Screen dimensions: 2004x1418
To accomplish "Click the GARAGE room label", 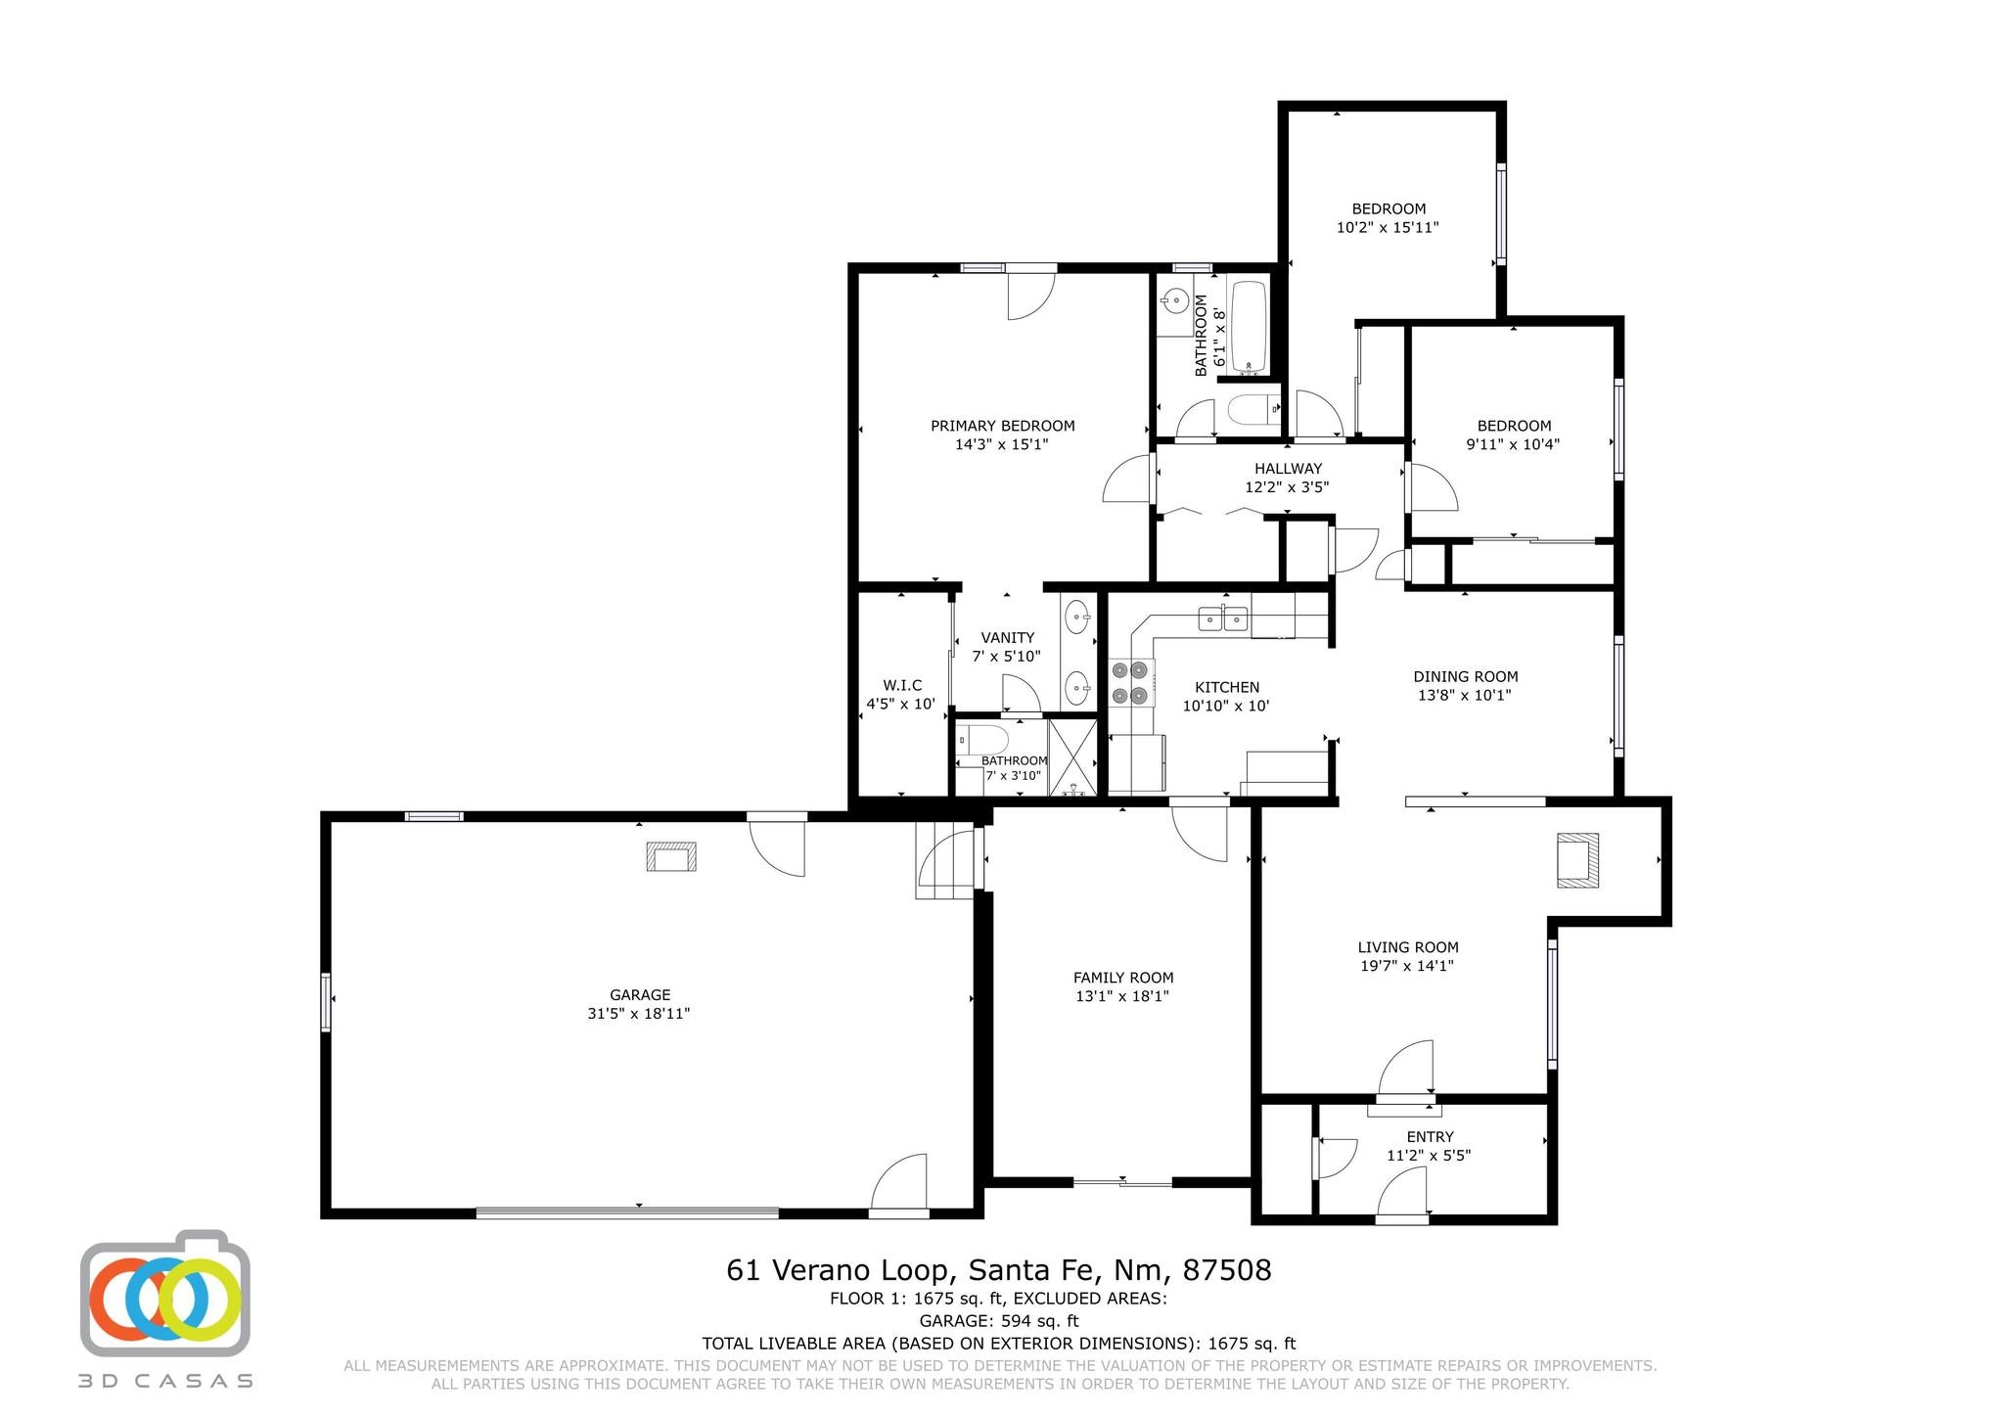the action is [x=640, y=995].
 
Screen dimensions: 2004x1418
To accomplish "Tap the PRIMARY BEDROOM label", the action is [x=1002, y=426].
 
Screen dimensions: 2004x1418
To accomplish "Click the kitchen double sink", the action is [x=1223, y=618].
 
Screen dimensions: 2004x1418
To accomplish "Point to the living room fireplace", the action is [x=1577, y=859].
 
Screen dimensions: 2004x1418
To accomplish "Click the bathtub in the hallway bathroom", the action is [x=1249, y=327].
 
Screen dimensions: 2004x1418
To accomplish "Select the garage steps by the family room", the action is [x=945, y=859].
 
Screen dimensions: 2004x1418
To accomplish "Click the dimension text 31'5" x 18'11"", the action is [x=639, y=1014].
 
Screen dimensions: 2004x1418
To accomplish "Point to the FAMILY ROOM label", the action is [x=1123, y=978].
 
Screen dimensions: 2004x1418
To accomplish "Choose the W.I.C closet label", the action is [x=902, y=685].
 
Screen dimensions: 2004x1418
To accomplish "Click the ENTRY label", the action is [x=1430, y=1136].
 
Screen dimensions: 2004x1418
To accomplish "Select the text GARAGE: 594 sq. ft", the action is [x=999, y=1321].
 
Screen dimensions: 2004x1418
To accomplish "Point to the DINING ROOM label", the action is [x=1466, y=676].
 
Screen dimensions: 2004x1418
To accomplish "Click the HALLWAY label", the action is [x=1288, y=469].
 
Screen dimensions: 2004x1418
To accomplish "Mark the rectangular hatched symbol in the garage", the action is [x=670, y=856].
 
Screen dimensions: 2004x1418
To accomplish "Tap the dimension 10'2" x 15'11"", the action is [x=1388, y=227].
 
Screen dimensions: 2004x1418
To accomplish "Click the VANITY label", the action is [x=1008, y=638].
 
